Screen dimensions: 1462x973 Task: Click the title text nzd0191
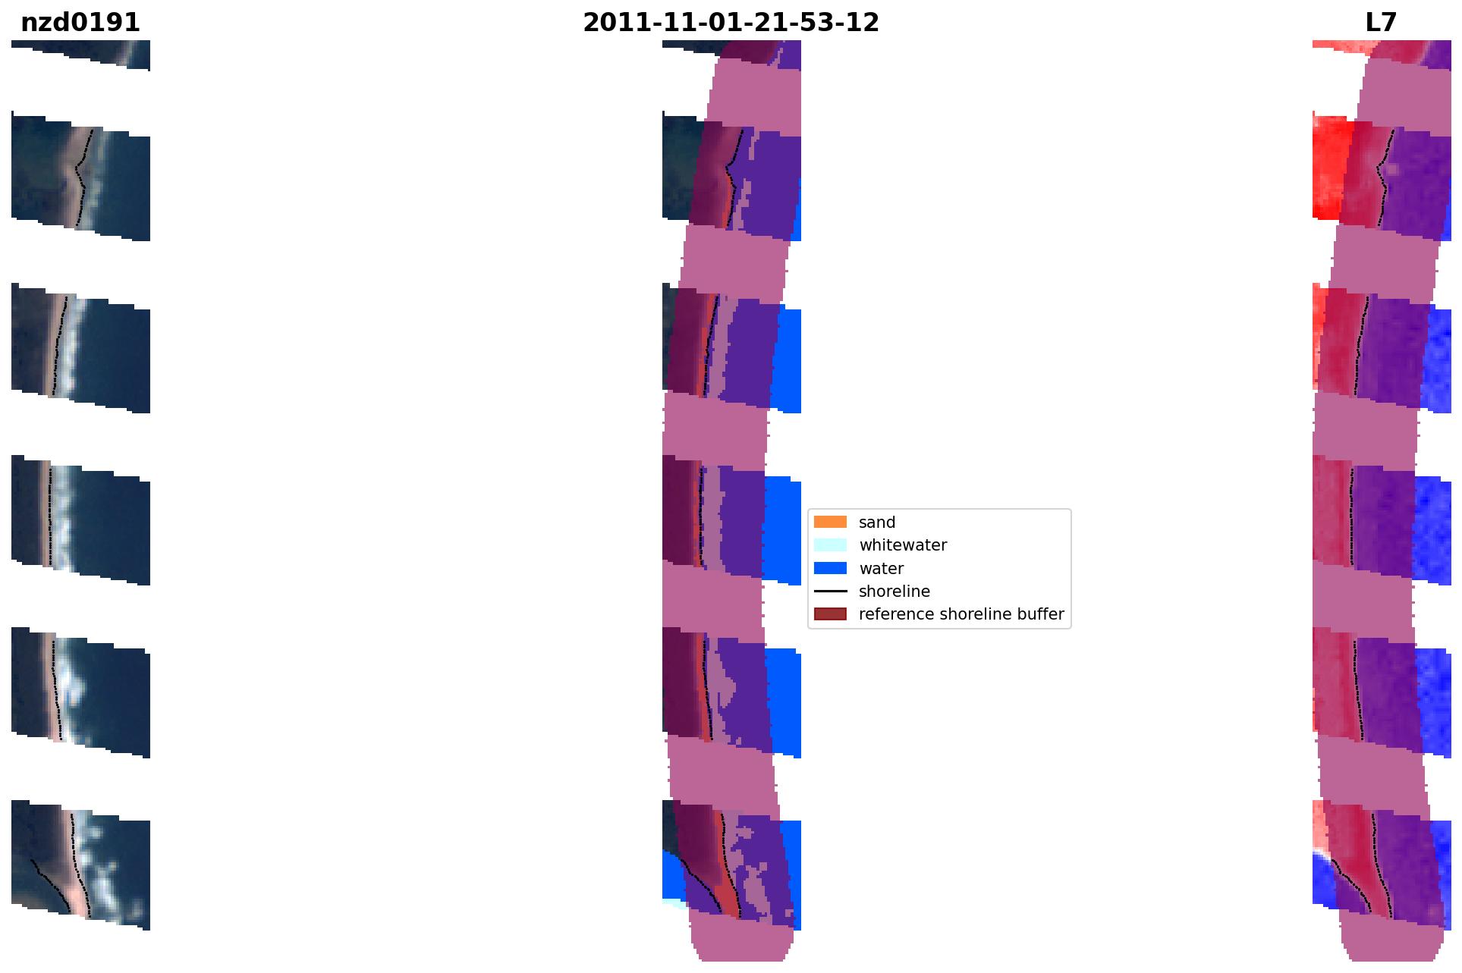[x=80, y=23]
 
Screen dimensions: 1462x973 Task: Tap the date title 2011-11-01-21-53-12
[x=731, y=23]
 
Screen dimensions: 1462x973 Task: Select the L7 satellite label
[x=1381, y=23]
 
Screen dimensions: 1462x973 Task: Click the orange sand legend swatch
[x=830, y=522]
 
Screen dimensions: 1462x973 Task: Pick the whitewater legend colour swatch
[x=830, y=545]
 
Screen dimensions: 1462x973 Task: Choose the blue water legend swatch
[x=830, y=568]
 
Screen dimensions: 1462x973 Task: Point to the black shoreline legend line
[x=830, y=591]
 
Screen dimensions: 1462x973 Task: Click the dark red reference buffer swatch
[x=830, y=614]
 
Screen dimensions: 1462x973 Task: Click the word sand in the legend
[x=877, y=523]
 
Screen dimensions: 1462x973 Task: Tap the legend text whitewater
[x=903, y=545]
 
